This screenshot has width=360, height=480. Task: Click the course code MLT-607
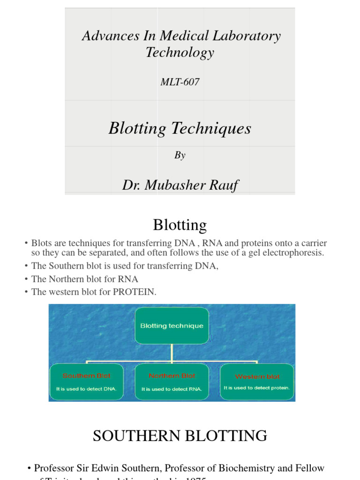(x=180, y=82)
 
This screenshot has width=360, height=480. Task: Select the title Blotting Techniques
(x=180, y=128)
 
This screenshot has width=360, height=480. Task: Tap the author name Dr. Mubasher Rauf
(x=180, y=185)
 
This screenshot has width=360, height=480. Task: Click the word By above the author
(x=180, y=156)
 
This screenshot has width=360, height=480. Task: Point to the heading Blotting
(x=180, y=225)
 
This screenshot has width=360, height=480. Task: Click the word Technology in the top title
(x=180, y=52)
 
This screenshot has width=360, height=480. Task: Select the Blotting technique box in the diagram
(x=172, y=326)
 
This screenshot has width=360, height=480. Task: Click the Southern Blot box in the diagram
(x=87, y=382)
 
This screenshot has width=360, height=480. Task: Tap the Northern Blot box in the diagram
(x=172, y=382)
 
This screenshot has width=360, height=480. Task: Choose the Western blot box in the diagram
(x=257, y=382)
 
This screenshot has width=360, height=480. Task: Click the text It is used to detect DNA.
(x=83, y=389)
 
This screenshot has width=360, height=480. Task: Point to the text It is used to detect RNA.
(x=172, y=389)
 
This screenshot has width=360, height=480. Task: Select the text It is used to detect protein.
(x=257, y=388)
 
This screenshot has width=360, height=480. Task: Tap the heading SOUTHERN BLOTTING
(x=180, y=436)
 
